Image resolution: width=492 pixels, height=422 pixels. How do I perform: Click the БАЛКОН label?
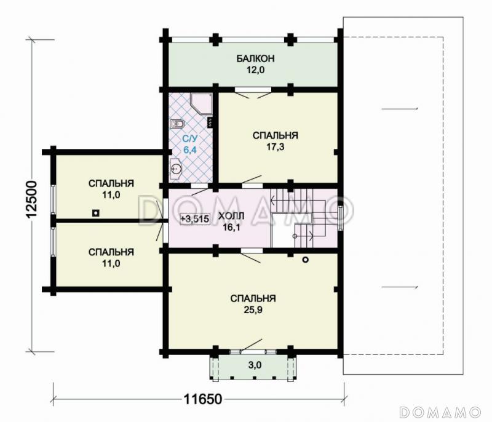(255, 58)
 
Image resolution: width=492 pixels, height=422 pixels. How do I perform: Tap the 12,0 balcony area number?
(255, 70)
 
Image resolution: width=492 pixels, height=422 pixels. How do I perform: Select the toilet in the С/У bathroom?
(177, 124)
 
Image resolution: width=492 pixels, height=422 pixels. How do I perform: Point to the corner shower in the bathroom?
(201, 104)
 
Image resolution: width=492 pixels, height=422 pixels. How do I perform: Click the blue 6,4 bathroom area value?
(190, 150)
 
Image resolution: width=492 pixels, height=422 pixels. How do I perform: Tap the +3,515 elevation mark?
(194, 218)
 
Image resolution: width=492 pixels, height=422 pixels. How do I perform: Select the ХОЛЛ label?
(231, 216)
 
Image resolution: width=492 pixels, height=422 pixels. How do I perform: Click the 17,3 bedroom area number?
(275, 147)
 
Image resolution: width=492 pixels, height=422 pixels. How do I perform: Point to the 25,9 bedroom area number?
(253, 310)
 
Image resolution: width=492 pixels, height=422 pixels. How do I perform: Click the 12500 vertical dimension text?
(32, 199)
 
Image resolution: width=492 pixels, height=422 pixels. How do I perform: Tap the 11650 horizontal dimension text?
(203, 399)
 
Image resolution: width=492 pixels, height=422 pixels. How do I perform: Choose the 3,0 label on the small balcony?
(255, 365)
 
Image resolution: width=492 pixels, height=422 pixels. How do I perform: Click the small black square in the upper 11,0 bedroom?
(96, 213)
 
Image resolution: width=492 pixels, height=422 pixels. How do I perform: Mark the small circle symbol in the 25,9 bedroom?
(305, 260)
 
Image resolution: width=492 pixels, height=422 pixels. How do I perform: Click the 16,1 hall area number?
(231, 228)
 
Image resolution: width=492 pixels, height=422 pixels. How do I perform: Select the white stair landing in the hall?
(282, 231)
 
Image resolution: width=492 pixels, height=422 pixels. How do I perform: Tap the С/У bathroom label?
(190, 138)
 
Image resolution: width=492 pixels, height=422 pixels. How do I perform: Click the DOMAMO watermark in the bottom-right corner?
(440, 412)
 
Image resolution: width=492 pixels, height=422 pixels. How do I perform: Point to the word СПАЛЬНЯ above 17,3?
(275, 135)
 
